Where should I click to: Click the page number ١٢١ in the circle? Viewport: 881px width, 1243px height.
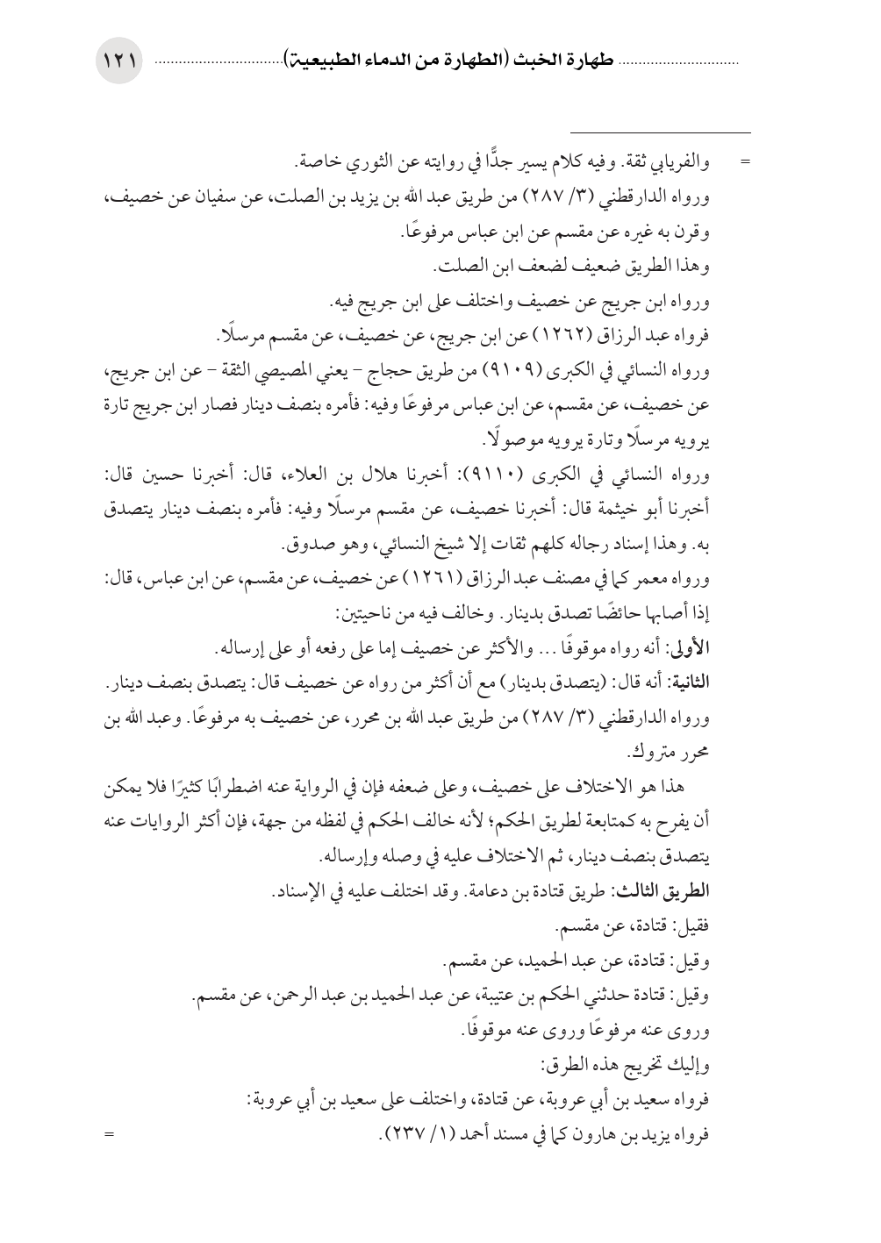point(118,62)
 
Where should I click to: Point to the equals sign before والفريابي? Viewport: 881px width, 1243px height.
point(747,163)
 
